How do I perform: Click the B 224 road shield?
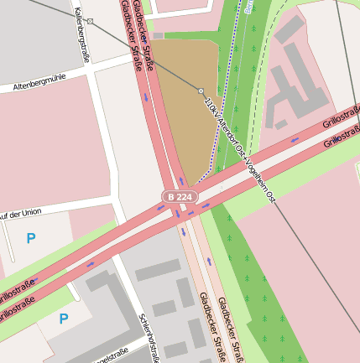pos(177,196)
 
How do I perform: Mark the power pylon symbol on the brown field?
pos(201,90)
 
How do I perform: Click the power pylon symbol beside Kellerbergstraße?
pos(91,20)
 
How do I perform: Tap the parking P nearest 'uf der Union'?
pos(31,239)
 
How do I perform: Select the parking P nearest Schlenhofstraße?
pos(64,319)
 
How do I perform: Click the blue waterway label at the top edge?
pos(249,6)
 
